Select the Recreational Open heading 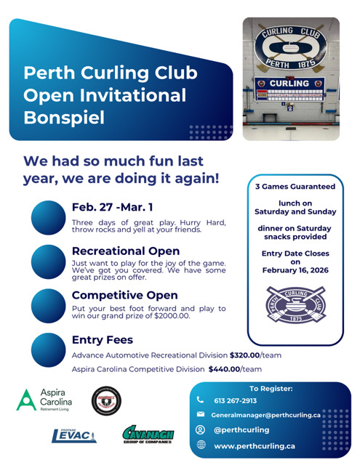tap(126, 251)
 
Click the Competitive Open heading tap(124, 295)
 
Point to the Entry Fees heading tap(102, 339)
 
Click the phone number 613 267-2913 tap(235, 400)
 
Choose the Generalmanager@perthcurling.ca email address tap(265, 415)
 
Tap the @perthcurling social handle tap(243, 429)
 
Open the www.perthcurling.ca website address tap(254, 445)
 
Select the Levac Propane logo tap(74, 435)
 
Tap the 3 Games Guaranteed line tap(295, 187)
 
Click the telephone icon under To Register tap(201, 400)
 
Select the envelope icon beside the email tap(201, 414)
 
